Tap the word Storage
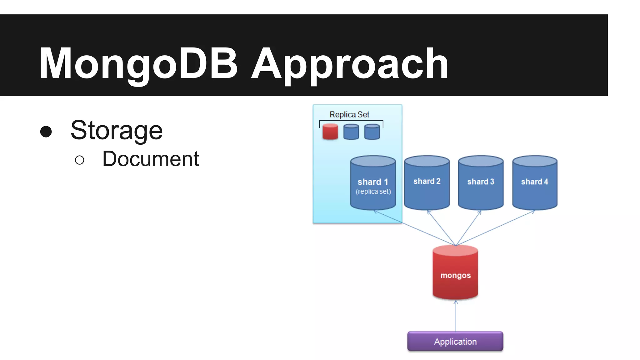tap(117, 130)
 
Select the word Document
tap(150, 159)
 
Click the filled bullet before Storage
tap(46, 132)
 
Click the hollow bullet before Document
tap(80, 160)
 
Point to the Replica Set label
tap(349, 115)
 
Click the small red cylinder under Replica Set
tap(330, 132)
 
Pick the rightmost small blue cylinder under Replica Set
tap(372, 132)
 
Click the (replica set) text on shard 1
tap(373, 192)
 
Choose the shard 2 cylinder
tap(427, 183)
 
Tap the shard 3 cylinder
tap(480, 183)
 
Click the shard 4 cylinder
tap(534, 183)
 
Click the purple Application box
tap(455, 342)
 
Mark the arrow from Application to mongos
tap(456, 316)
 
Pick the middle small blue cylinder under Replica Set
tap(351, 132)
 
